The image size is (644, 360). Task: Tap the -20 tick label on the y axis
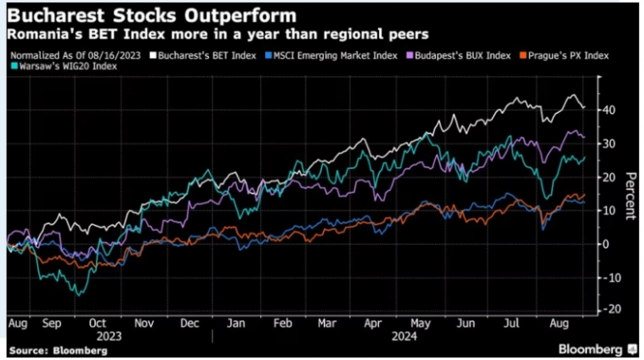point(610,310)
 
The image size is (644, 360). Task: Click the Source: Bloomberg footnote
point(43,349)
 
